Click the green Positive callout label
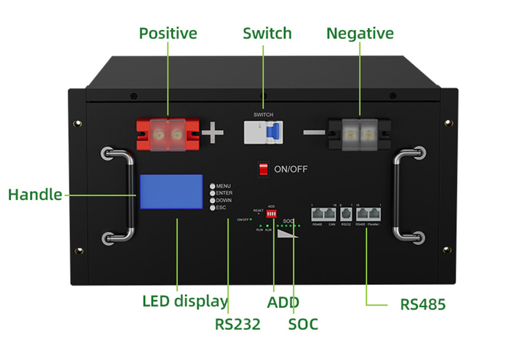click(168, 33)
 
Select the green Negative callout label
click(360, 33)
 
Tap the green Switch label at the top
click(267, 33)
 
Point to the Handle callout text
click(35, 195)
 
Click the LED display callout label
click(185, 301)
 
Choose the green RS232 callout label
click(237, 323)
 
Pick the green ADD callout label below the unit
click(282, 302)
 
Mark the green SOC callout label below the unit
click(303, 323)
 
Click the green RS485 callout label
click(423, 304)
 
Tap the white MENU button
click(212, 186)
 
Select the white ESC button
click(212, 208)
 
